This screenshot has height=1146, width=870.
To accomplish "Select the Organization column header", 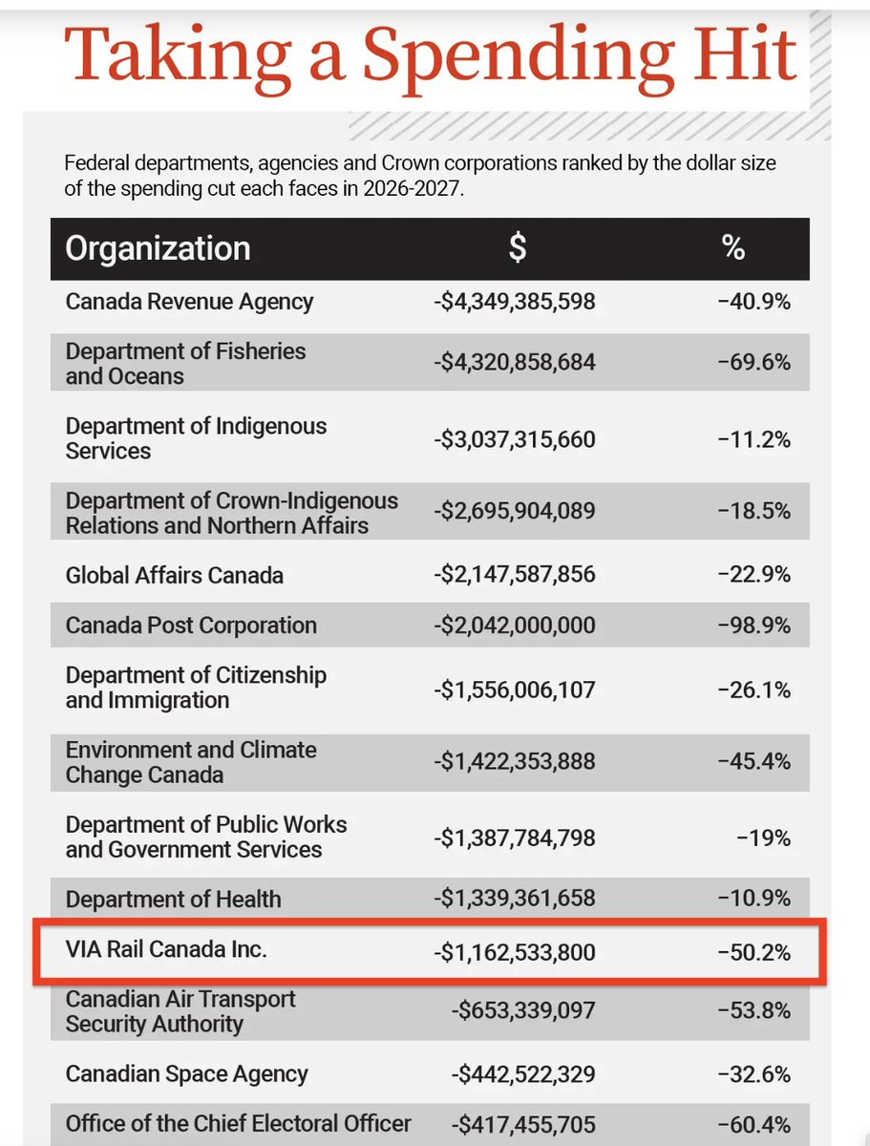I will (x=158, y=248).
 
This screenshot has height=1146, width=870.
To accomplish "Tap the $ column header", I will (x=516, y=248).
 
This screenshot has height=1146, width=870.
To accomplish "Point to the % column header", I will (x=732, y=248).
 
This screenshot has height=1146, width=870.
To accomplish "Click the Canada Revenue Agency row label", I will (x=189, y=302).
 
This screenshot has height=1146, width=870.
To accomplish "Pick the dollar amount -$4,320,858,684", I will (x=514, y=363).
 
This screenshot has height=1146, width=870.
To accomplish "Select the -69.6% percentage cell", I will (x=754, y=363).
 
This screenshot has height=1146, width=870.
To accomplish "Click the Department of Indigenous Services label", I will (x=196, y=438).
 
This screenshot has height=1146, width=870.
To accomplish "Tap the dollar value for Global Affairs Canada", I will (x=514, y=575).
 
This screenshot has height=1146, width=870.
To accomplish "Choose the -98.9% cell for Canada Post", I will (x=754, y=626).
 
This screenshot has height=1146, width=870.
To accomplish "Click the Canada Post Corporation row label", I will (x=191, y=626).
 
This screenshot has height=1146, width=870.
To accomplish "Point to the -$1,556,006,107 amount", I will (x=514, y=689).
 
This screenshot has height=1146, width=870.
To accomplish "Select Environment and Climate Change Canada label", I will (x=191, y=762).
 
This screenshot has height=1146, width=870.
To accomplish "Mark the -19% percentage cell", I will (x=763, y=838).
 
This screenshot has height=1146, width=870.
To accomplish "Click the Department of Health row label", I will (x=173, y=899).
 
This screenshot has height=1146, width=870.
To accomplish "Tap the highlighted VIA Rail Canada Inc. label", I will (x=166, y=951).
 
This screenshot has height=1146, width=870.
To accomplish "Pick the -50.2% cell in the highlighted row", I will (x=754, y=952).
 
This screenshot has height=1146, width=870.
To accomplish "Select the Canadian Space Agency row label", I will (x=186, y=1073).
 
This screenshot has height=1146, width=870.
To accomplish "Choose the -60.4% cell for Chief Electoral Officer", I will (x=754, y=1124).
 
